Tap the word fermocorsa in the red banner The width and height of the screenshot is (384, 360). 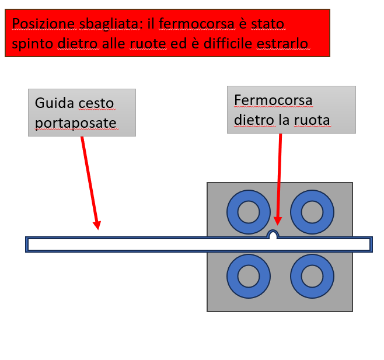point(193,24)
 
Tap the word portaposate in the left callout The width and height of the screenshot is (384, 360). point(75,122)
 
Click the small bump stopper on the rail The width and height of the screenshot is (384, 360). point(273,235)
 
